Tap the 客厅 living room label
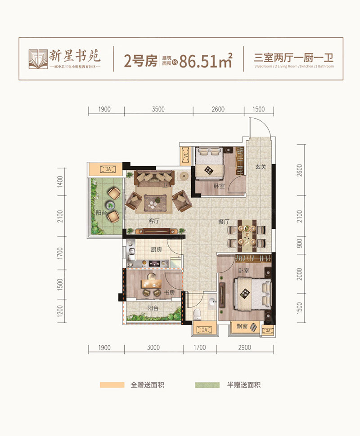coord(154,221)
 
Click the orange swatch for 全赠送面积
coord(112,385)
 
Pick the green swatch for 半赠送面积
coord(207,385)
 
